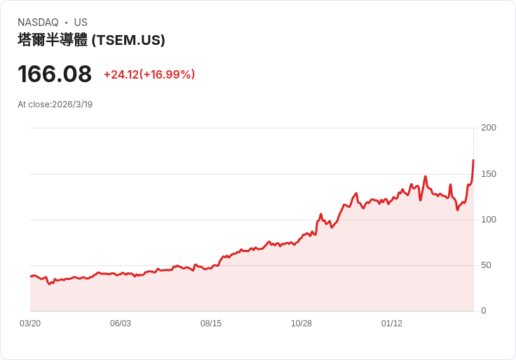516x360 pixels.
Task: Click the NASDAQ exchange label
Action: point(38,22)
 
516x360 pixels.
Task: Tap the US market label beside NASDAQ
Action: point(81,22)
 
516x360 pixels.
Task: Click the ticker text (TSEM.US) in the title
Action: point(128,40)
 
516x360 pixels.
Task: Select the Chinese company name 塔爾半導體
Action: point(53,40)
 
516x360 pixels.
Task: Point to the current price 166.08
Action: point(55,74)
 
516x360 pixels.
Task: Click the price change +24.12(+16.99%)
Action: point(149,74)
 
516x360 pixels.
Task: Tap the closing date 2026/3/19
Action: point(72,105)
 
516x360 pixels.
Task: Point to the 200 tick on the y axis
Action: point(489,128)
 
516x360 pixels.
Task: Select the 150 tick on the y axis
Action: point(489,174)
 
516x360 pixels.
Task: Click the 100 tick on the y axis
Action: point(489,220)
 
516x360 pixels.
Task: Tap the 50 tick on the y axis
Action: point(486,265)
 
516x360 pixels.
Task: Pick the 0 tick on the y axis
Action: point(484,311)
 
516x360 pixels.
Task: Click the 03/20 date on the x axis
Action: point(30,324)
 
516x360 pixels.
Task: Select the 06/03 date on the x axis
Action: point(121,324)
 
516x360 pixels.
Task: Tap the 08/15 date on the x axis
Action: point(211,324)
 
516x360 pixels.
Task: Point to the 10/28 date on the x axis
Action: point(301,324)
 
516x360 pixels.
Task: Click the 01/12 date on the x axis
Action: point(392,324)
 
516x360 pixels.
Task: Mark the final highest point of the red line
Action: point(473,161)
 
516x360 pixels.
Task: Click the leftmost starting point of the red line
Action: point(30,276)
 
